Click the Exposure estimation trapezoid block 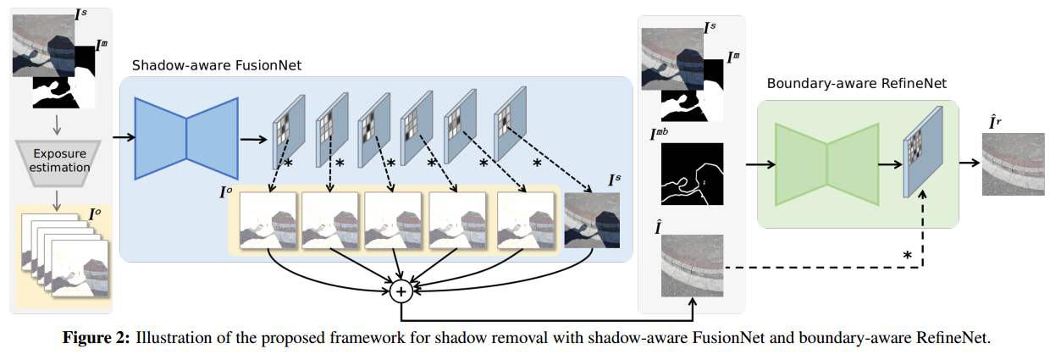click(60, 161)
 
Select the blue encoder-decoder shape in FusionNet click(186, 138)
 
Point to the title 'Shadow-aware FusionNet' click(216, 65)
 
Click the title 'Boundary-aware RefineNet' click(856, 84)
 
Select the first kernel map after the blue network click(287, 130)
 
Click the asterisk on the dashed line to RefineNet click(907, 255)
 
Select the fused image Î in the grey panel click(692, 265)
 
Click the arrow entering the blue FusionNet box click(122, 136)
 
